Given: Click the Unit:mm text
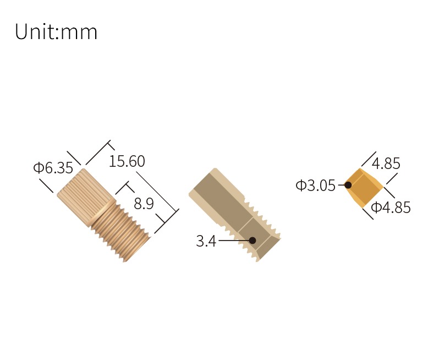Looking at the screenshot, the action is click(x=56, y=32).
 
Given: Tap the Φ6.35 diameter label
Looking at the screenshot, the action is click(x=53, y=168).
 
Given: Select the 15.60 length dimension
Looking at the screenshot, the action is click(x=127, y=161).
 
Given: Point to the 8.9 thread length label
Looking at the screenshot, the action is click(x=144, y=204).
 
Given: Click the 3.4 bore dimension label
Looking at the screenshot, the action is click(x=206, y=241).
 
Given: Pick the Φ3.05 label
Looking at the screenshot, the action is click(x=316, y=186).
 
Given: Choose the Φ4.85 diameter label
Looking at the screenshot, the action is click(x=391, y=208).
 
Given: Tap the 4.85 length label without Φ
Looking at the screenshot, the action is click(x=386, y=163).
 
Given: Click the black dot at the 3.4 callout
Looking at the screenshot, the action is click(x=253, y=241).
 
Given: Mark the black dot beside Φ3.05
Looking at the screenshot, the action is click(x=348, y=185).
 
